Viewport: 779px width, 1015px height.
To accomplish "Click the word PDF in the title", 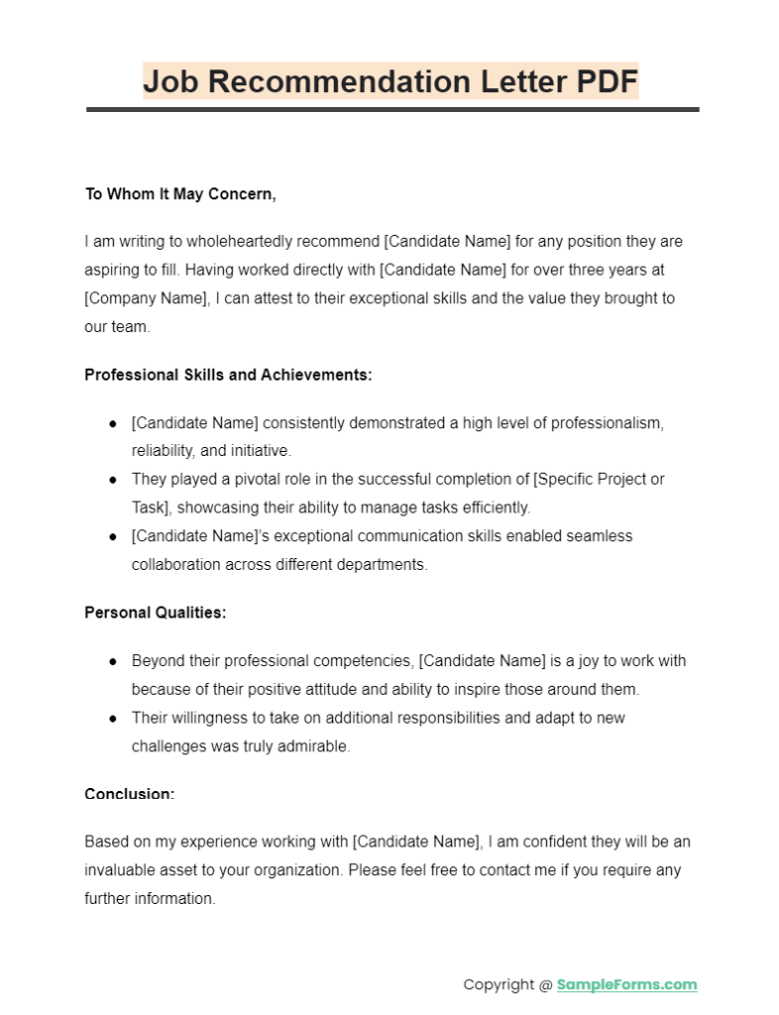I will coord(607,80).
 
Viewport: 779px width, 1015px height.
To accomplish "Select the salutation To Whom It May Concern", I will coord(180,194).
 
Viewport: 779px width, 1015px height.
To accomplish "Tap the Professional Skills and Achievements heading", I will coord(228,375).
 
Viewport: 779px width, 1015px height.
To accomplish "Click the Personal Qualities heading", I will coord(156,613).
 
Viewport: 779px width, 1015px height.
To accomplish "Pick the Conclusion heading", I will coord(130,794).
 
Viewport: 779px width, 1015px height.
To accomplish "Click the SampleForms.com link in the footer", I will coord(626,984).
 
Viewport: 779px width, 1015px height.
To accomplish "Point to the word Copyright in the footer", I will coord(499,984).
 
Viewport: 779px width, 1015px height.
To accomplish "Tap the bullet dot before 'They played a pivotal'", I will coord(113,479).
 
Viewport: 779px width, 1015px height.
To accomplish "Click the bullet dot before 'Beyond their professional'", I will coord(113,661).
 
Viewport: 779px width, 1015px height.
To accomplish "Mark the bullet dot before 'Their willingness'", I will coord(113,718).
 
